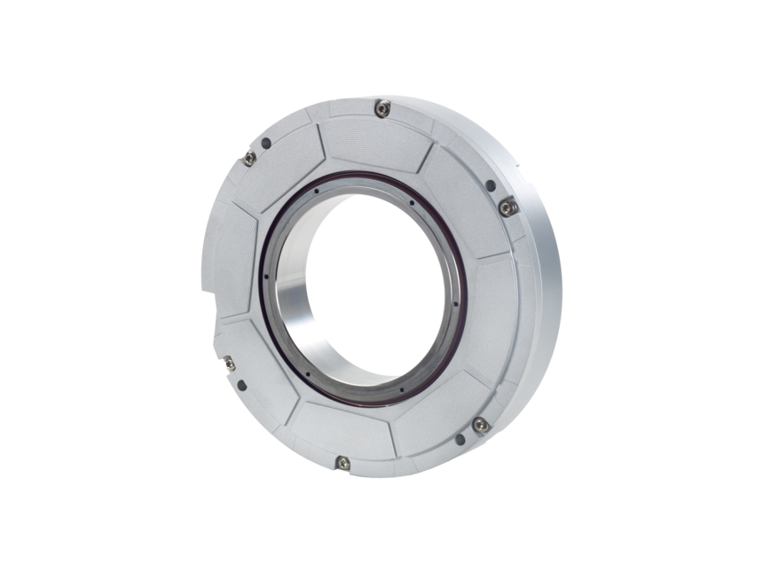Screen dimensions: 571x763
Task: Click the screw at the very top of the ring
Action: pyautogui.click(x=380, y=107)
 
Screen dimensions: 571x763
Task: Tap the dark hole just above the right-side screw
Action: pyautogui.click(x=489, y=184)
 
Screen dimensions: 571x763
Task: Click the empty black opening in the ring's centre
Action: pyautogui.click(x=373, y=266)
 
